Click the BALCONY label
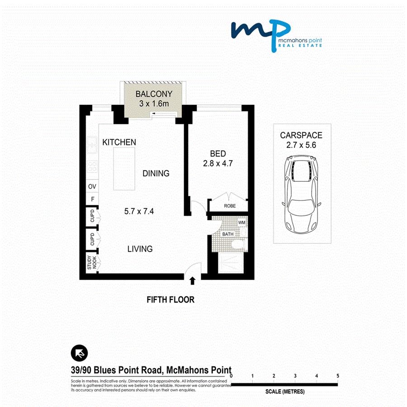tap(153, 95)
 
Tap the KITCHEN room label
tap(119, 142)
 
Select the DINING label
tap(156, 173)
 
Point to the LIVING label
tap(140, 249)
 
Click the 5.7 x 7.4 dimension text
tap(139, 211)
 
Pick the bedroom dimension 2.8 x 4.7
tap(218, 164)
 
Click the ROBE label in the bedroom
tap(230, 206)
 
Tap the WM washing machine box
tap(241, 223)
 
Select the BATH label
tap(227, 234)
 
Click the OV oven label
tap(92, 186)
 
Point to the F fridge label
tap(92, 199)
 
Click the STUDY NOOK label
tap(92, 263)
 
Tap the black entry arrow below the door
tap(192, 281)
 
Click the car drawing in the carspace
tap(301, 194)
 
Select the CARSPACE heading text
tap(301, 135)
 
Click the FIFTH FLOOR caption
tap(170, 299)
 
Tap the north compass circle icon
tap(80, 353)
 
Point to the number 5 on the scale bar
tap(337, 376)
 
